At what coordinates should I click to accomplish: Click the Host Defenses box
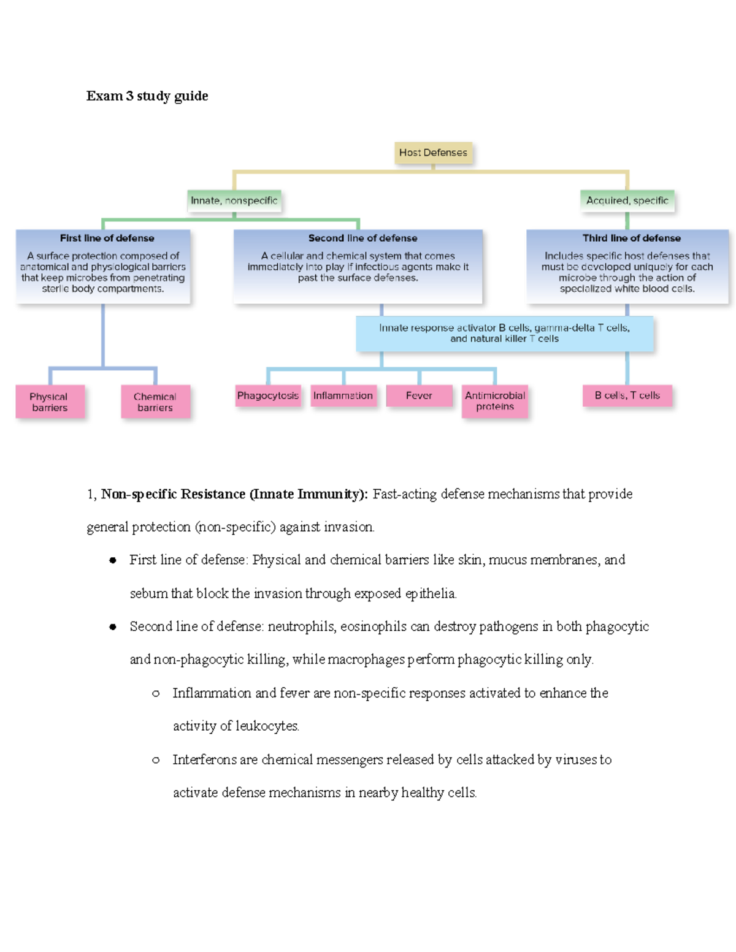433,153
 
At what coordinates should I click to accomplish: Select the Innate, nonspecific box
234,200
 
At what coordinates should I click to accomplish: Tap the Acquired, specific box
627,200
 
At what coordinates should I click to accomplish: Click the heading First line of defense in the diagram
107,238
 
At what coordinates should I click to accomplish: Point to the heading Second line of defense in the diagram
362,238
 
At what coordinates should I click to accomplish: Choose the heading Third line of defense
631,238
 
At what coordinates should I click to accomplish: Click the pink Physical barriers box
50,402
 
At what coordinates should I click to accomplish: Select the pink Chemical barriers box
155,402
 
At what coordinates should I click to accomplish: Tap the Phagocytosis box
268,396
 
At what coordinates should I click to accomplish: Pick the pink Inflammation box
343,396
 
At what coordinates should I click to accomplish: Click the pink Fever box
419,396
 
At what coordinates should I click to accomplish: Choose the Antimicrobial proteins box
495,402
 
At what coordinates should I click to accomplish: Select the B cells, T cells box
627,396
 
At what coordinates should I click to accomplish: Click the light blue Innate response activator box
504,333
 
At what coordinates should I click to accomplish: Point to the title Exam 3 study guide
147,96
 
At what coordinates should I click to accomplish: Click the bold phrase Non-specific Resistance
173,494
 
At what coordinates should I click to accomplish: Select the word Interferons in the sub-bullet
204,760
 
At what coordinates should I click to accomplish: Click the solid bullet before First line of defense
113,560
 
